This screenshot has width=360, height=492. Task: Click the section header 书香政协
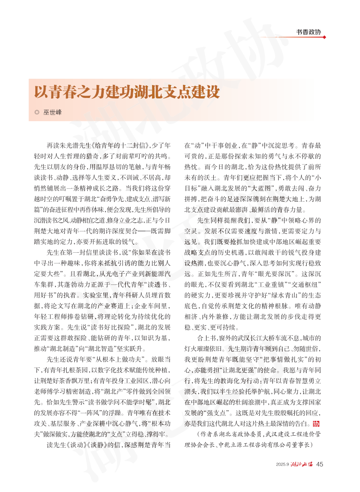click(308, 32)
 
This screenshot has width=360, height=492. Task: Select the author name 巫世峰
click(52, 112)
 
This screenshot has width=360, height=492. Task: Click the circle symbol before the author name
click(37, 112)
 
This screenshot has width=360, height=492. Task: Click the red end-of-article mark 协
click(316, 424)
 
